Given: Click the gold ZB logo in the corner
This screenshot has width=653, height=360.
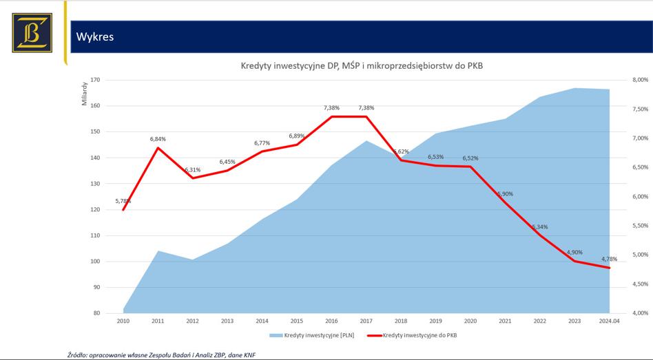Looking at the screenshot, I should pyautogui.click(x=32, y=32).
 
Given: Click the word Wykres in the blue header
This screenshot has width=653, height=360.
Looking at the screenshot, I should pyautogui.click(x=95, y=37).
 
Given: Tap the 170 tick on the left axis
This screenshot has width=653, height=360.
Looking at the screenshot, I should pyautogui.click(x=96, y=80).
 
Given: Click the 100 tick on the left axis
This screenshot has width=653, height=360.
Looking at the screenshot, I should pyautogui.click(x=96, y=262).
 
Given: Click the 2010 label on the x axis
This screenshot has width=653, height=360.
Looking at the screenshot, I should pyautogui.click(x=123, y=321).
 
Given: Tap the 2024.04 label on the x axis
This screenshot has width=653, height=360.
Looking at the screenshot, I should pyautogui.click(x=609, y=321).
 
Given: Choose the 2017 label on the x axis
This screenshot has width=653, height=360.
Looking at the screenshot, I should pyautogui.click(x=366, y=321).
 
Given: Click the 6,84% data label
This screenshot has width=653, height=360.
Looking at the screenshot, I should pyautogui.click(x=158, y=139).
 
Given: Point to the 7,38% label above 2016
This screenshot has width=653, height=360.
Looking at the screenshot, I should pyautogui.click(x=331, y=108).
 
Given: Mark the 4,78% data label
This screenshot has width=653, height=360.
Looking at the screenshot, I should pyautogui.click(x=609, y=259).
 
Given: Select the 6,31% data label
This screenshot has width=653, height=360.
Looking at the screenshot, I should pyautogui.click(x=193, y=169).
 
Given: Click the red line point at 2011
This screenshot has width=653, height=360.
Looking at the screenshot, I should pyautogui.click(x=158, y=148).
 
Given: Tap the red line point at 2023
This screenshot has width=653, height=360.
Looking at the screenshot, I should pyautogui.click(x=574, y=261).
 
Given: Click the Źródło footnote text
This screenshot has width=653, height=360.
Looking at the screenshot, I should pyautogui.click(x=165, y=354).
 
